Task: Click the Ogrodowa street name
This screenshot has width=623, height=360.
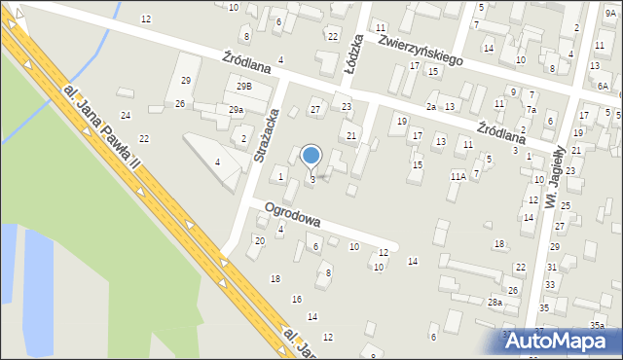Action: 293,214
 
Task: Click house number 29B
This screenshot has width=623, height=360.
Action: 243,87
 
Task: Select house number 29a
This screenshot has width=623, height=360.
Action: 237,110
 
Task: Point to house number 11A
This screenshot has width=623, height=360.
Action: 458,176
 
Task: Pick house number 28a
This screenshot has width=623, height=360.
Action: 495,303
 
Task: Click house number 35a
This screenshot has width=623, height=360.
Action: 597,325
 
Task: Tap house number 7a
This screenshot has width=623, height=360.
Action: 531,110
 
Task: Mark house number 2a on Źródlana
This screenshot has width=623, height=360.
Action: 430,106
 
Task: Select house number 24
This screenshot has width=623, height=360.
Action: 125,90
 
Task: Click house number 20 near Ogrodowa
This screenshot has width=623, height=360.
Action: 259,240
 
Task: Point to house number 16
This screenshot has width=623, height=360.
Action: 297,299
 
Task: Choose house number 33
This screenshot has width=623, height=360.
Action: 550,284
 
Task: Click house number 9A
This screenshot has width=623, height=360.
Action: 610,14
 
